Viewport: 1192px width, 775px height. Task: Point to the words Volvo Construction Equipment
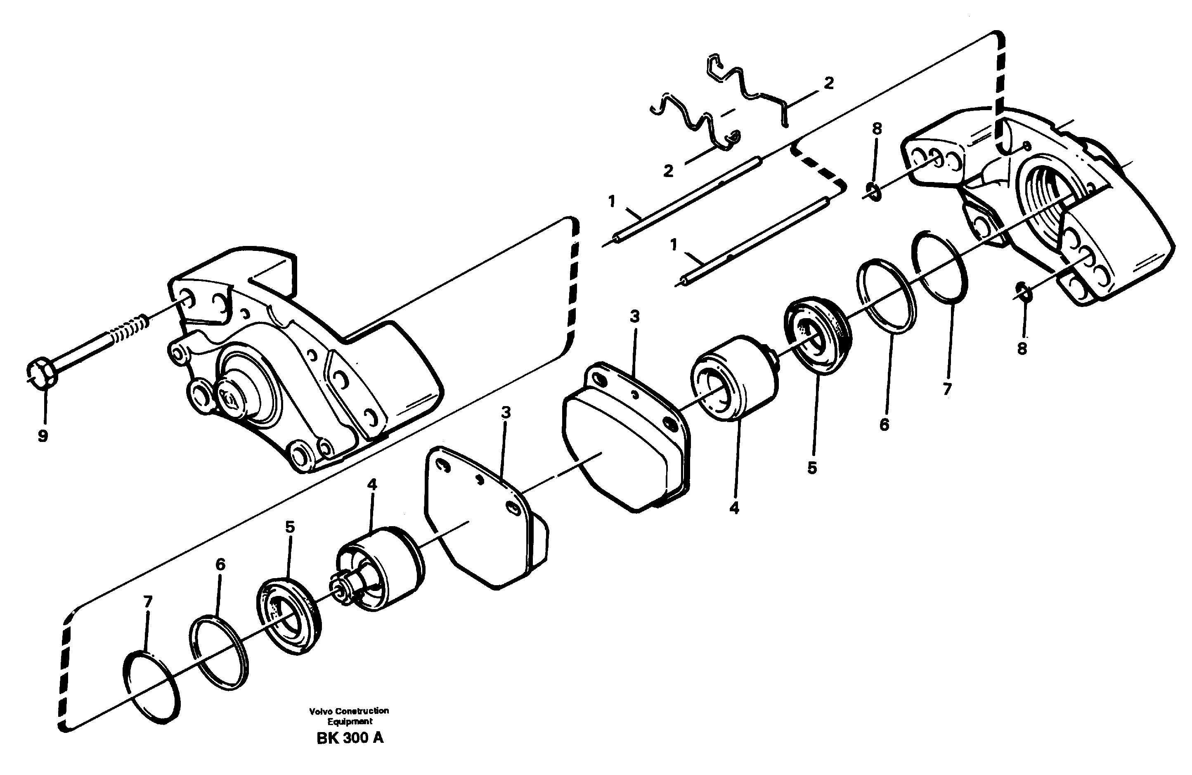349,716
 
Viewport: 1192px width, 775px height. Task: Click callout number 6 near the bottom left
220,564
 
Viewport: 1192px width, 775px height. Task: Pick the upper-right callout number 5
812,468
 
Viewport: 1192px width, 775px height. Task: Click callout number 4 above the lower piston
371,484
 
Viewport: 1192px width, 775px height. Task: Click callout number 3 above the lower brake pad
506,413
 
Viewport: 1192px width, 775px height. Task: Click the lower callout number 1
674,245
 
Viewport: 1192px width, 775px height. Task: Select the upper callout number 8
877,129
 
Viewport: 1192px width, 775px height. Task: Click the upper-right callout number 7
946,389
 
